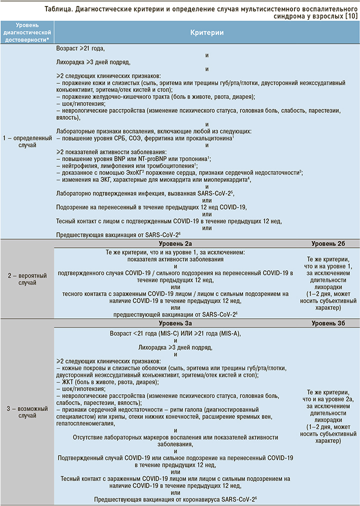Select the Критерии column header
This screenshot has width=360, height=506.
pos(206,33)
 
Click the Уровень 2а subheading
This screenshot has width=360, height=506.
pos(175,243)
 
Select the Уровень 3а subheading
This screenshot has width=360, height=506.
pos(175,323)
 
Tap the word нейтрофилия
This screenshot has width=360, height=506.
pos(80,165)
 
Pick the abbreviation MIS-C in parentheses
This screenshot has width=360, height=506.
pos(166,334)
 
